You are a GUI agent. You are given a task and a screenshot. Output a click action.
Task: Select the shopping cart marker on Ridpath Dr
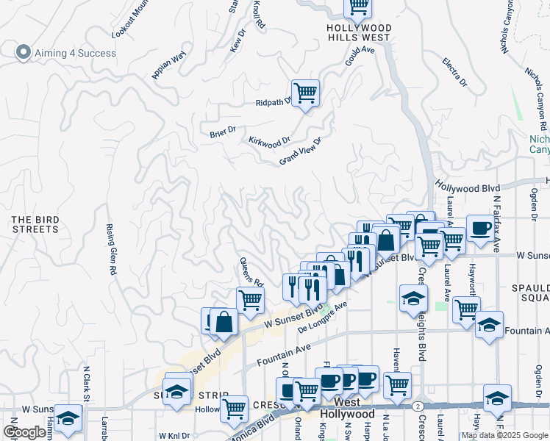click(x=305, y=93)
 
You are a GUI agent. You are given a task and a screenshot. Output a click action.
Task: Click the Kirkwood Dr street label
click(x=269, y=140)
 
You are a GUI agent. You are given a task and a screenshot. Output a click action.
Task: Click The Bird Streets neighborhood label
click(x=35, y=224)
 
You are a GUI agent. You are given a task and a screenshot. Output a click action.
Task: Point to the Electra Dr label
click(x=454, y=72)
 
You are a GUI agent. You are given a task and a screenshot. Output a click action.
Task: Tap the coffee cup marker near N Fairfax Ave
click(x=479, y=227)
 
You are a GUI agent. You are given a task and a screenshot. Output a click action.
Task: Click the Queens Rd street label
click(x=251, y=271)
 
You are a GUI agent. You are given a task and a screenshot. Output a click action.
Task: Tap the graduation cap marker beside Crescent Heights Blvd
click(x=414, y=298)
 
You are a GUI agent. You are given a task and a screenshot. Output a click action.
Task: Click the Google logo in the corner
click(x=24, y=432)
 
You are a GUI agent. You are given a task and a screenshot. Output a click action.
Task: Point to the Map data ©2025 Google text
click(x=504, y=435)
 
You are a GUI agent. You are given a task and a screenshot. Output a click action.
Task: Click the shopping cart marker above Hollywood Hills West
click(x=358, y=7)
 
